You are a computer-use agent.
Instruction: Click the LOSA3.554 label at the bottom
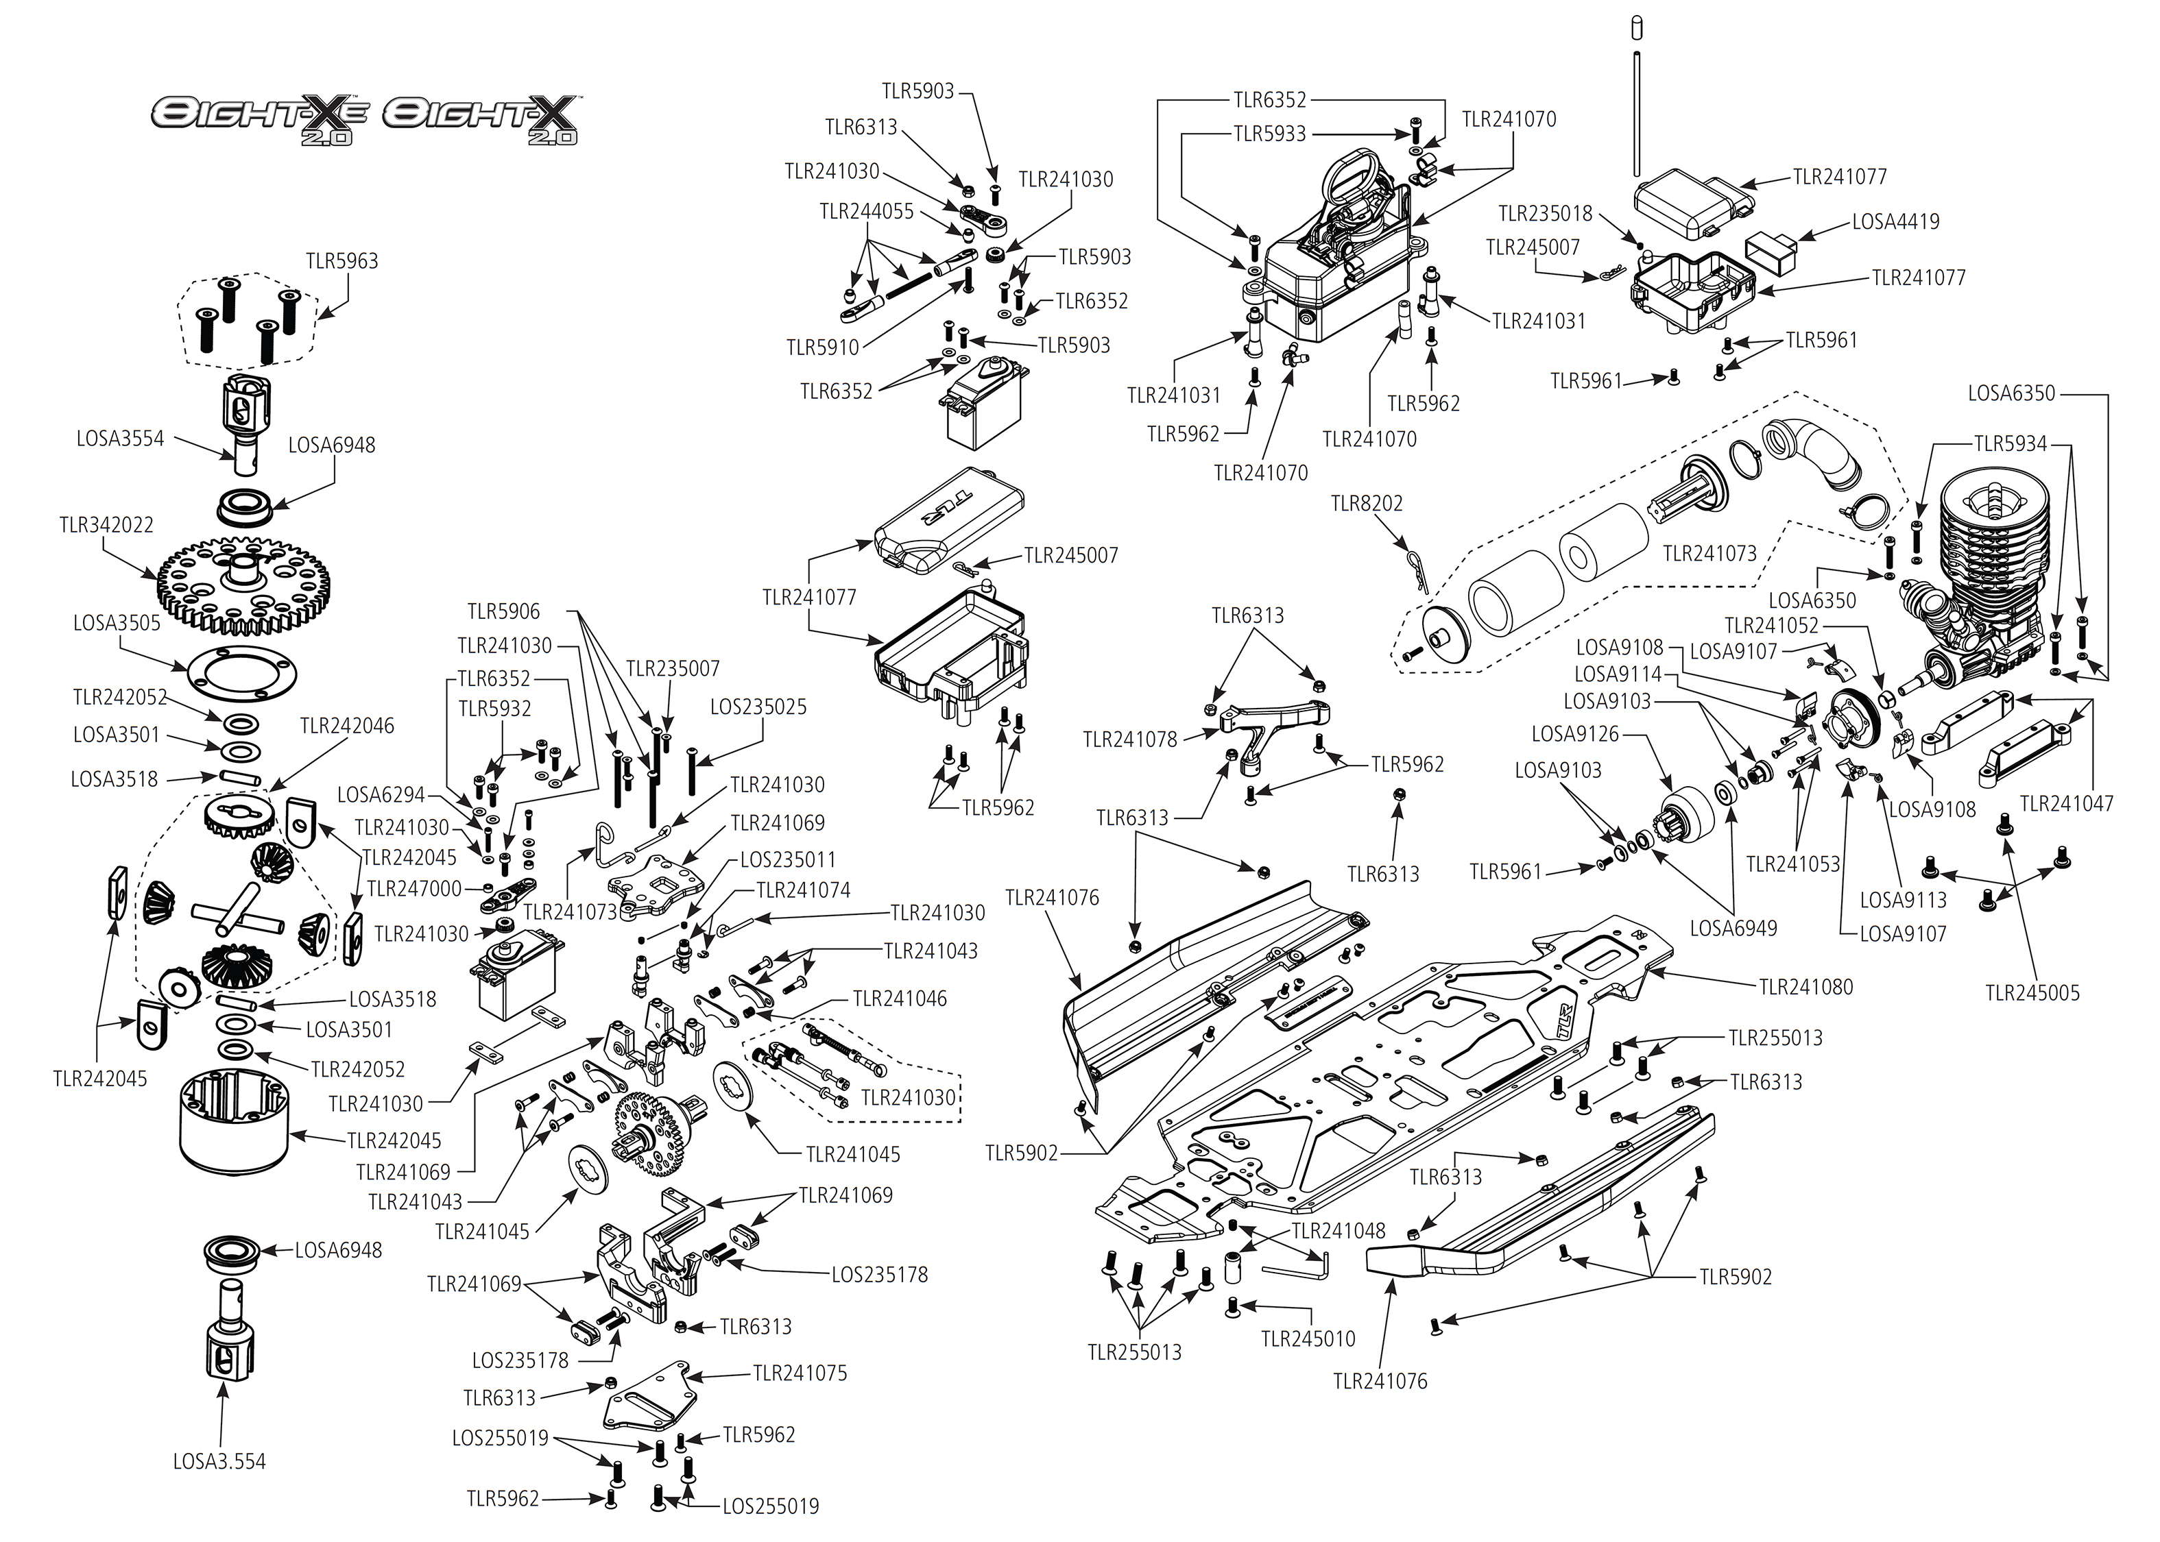pos(219,1461)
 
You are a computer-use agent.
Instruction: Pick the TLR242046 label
pos(347,726)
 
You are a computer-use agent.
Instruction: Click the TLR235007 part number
pos(673,668)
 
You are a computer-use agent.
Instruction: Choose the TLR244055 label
pos(866,212)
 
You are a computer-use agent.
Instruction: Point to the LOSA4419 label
pos(1895,222)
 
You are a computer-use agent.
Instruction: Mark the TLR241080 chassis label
pos(1805,988)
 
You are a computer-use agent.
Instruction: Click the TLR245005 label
pos(2032,993)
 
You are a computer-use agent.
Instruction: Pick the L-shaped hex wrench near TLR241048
pos(1299,1266)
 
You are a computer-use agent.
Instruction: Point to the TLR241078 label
pos(1129,739)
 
